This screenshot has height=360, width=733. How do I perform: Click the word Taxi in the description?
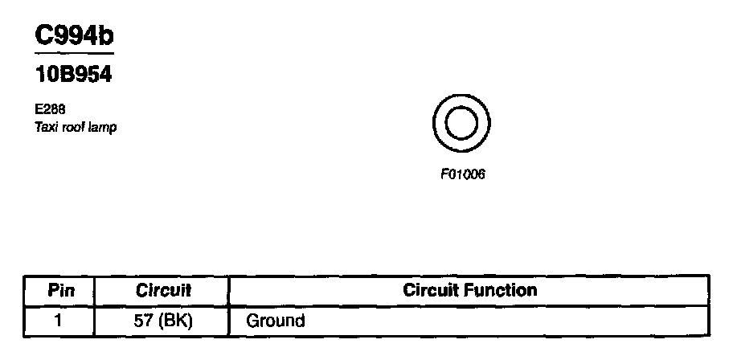click(x=43, y=127)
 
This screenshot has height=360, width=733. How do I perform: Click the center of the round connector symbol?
click(x=461, y=125)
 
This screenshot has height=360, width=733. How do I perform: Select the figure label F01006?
click(x=462, y=174)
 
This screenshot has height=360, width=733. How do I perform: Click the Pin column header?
click(x=61, y=290)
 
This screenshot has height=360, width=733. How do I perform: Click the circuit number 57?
click(x=141, y=321)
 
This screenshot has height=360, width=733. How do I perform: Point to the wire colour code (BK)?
click(x=175, y=321)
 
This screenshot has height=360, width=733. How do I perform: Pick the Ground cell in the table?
click(x=275, y=321)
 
